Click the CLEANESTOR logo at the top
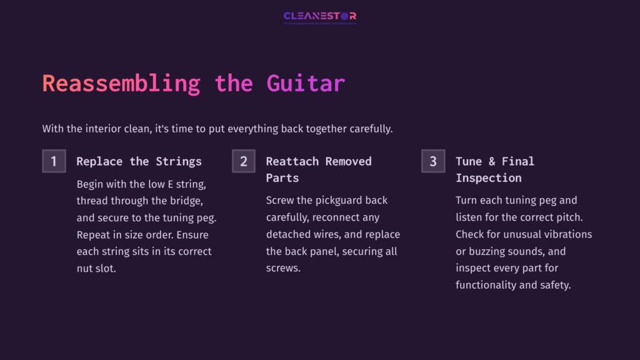point(320,16)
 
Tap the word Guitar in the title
point(306,83)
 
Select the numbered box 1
point(54,161)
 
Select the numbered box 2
point(243,161)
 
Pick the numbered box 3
point(432,161)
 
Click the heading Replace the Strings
point(139,161)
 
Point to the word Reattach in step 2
point(292,161)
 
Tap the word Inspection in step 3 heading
point(488,178)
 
